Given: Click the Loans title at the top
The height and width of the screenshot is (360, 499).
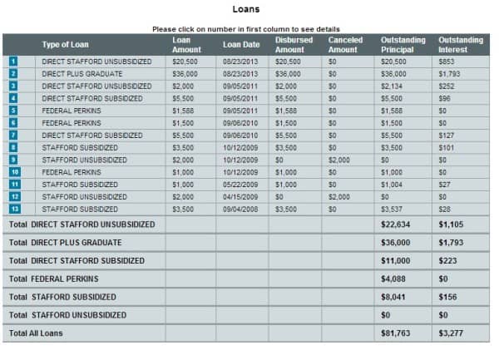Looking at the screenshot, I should (x=246, y=10).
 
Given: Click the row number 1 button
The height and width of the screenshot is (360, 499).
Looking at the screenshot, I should (x=13, y=62).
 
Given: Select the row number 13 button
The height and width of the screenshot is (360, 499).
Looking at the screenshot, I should (x=14, y=209).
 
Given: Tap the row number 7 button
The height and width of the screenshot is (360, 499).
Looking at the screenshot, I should (x=13, y=135).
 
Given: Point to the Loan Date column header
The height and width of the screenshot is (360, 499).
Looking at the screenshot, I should (x=241, y=45).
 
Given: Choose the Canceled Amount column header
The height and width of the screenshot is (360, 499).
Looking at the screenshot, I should (x=345, y=45).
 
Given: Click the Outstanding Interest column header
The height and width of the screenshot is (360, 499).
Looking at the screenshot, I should (x=461, y=45).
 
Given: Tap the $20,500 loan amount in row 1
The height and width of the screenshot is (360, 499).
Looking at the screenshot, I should (x=184, y=62).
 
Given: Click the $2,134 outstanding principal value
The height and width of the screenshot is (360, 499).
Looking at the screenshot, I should (x=391, y=86).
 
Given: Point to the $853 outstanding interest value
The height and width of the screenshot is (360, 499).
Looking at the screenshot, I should (x=447, y=62).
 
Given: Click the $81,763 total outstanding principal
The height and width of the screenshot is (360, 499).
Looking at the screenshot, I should (x=395, y=333).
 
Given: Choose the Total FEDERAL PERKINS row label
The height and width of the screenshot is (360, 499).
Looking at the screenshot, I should (x=53, y=279).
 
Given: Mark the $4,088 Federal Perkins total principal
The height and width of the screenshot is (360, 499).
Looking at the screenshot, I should (x=393, y=279).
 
